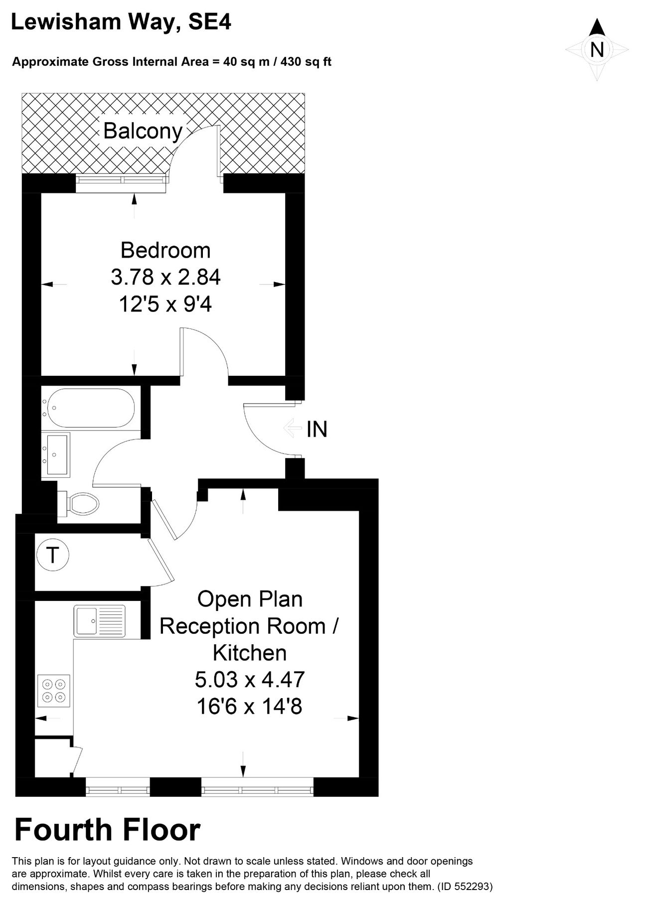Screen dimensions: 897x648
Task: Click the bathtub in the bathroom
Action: pos(89,408)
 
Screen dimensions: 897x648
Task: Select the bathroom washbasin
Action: pos(56,454)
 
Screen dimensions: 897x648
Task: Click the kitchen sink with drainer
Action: pos(100,620)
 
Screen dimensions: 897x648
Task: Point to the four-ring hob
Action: pos(54,690)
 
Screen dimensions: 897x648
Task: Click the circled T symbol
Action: pos(52,554)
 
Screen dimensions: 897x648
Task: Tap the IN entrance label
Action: pos(317,429)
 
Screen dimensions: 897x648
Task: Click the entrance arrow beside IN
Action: pos(292,428)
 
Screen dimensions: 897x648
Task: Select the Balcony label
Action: pos(143,131)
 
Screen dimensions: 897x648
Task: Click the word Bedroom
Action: pos(165,250)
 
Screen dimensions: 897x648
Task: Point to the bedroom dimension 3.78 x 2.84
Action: pos(165,277)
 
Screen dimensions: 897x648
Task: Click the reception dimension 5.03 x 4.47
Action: pos(250,679)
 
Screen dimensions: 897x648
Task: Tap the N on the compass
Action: pos(597,50)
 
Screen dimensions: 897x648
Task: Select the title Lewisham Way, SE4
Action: pos(121,22)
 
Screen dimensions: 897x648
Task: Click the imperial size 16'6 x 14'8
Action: pos(250,706)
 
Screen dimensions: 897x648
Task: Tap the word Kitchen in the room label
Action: pos(250,652)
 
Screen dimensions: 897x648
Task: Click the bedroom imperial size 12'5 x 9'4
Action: pos(165,304)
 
